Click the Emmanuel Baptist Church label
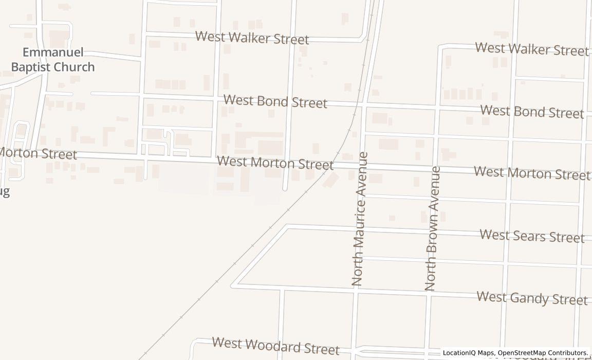pos(53,60)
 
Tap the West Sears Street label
pos(532,236)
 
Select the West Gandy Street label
pos(532,298)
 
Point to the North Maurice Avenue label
pos(359,219)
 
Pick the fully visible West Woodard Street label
pos(275,346)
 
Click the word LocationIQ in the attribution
pos(459,353)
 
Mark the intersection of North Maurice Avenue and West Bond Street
pos(362,105)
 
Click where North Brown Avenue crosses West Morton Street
pos(435,169)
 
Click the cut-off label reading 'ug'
pos(5,192)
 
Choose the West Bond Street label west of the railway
pos(275,101)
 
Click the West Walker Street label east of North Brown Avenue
pos(532,49)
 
